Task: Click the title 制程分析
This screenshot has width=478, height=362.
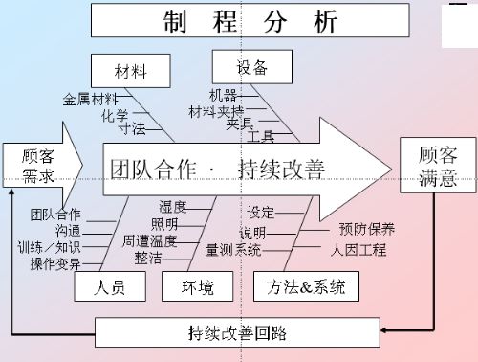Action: (x=251, y=21)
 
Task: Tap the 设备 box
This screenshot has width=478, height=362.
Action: (x=251, y=67)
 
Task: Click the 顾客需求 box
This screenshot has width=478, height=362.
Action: (x=38, y=166)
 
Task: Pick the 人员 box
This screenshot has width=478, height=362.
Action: (x=111, y=285)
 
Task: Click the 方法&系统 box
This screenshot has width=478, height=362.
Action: (x=300, y=285)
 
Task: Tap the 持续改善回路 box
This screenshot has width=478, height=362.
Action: (x=238, y=333)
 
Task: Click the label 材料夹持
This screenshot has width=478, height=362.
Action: (x=215, y=111)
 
